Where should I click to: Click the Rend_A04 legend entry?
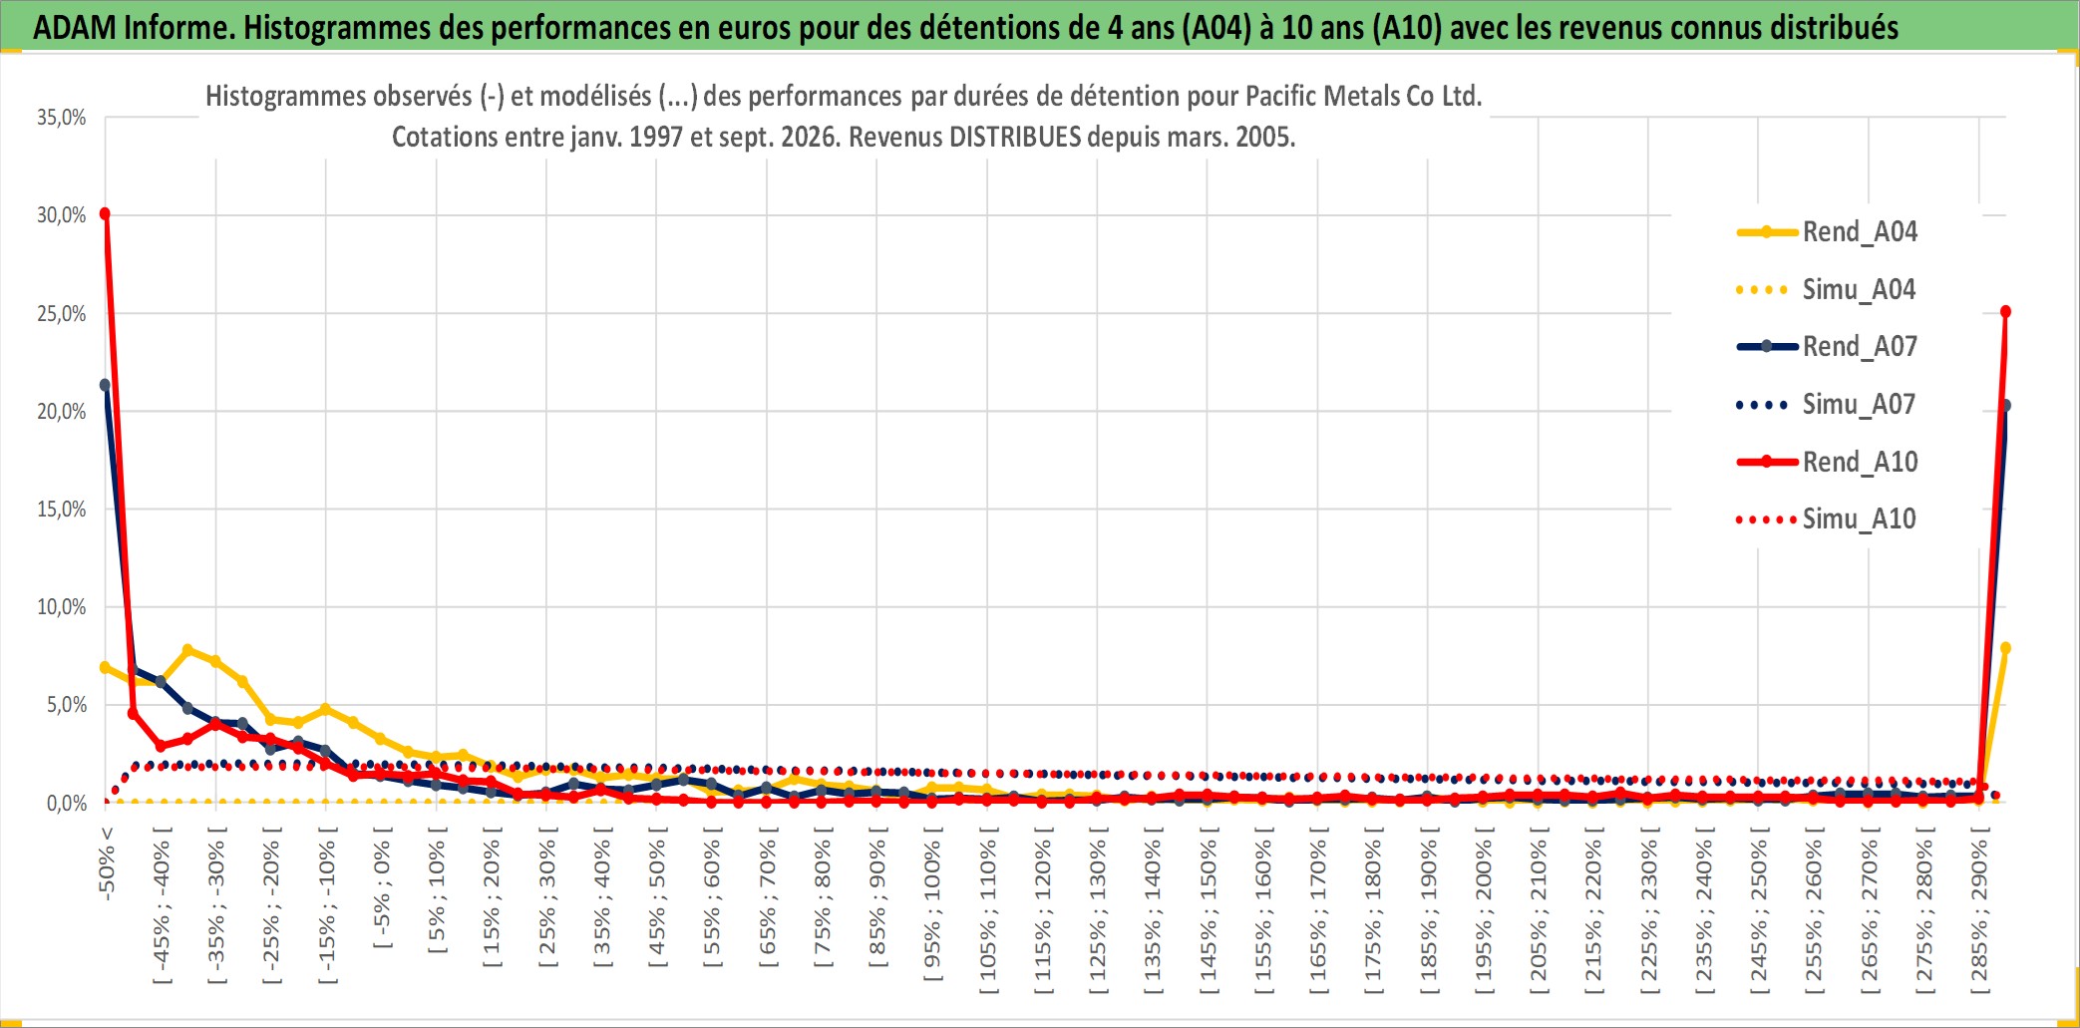pyautogui.click(x=1827, y=232)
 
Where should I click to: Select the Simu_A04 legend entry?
pyautogui.click(x=1827, y=290)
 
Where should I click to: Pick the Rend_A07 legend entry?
pyautogui.click(x=1827, y=347)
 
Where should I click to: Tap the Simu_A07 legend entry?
pyautogui.click(x=1827, y=405)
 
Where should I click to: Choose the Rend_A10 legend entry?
pyautogui.click(x=1827, y=462)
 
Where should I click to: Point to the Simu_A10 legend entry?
pyautogui.click(x=1827, y=519)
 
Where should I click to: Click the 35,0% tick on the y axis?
pyautogui.click(x=62, y=118)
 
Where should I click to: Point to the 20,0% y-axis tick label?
pyautogui.click(x=62, y=411)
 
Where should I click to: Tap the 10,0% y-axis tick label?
pyautogui.click(x=62, y=606)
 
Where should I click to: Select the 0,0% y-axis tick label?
pyautogui.click(x=67, y=803)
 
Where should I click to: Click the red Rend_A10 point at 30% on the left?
pyautogui.click(x=105, y=213)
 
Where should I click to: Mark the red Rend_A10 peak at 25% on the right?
pyautogui.click(x=2005, y=312)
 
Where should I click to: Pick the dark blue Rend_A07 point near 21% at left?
pyautogui.click(x=105, y=385)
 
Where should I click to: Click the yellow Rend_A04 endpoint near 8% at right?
pyautogui.click(x=2005, y=648)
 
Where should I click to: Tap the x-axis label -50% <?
pyautogui.click(x=107, y=863)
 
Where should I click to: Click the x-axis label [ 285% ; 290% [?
pyautogui.click(x=1979, y=909)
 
